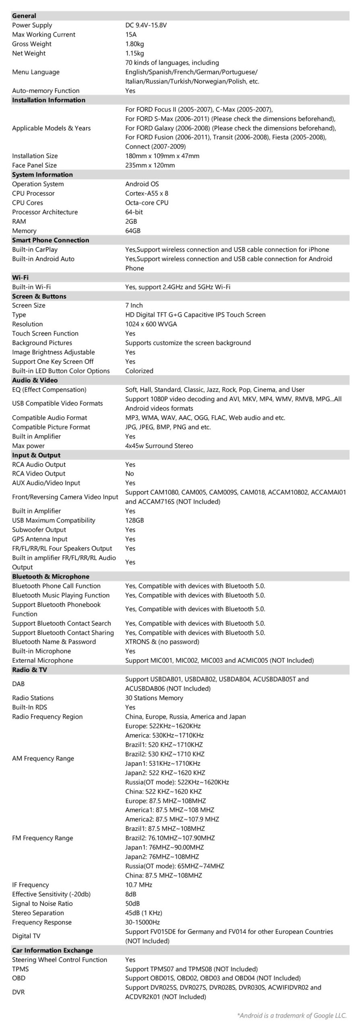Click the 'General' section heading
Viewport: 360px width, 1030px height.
point(24,16)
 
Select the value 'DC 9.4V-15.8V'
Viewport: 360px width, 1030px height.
point(146,25)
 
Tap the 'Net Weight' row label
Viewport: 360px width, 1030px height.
point(29,53)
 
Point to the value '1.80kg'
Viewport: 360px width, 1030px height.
point(134,44)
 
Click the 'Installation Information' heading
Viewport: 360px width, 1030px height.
point(49,100)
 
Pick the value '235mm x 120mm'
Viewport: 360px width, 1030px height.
point(150,165)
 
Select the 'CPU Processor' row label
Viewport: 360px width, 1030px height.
point(33,194)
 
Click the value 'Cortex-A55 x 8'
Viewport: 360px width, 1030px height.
point(146,194)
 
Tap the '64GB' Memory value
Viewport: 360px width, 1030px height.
point(133,231)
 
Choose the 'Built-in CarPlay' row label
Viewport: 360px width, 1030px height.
point(35,249)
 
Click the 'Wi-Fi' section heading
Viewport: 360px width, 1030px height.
point(20,278)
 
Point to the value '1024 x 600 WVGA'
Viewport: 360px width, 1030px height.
point(151,324)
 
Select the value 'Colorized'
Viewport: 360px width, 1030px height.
point(139,371)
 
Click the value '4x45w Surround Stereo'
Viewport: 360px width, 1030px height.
point(159,446)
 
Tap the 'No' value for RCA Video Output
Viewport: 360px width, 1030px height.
point(130,474)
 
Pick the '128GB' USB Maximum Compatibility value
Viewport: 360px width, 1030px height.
point(134,520)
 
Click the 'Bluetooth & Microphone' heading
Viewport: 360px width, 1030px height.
point(51,577)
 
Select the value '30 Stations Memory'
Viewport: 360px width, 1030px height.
point(154,698)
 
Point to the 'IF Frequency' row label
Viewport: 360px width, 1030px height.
point(31,885)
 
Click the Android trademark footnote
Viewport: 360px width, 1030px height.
point(292,1016)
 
